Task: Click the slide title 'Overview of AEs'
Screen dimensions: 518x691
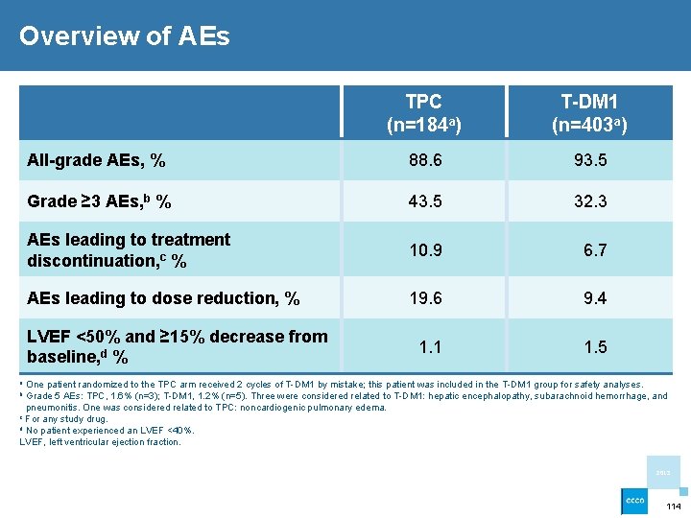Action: pos(125,36)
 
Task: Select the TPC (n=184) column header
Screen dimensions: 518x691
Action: pos(423,113)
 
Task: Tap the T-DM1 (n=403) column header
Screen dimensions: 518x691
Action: pos(589,113)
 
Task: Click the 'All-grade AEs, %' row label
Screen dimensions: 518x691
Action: pos(96,161)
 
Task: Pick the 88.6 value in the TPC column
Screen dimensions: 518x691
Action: pos(424,161)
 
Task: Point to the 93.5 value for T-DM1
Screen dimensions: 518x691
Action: pos(589,161)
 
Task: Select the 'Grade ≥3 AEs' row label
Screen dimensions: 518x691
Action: pos(100,201)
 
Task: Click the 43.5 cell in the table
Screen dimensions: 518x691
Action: pos(424,201)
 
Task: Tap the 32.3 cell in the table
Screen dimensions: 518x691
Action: pos(589,201)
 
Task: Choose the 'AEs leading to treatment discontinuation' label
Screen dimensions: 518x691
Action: pos(129,249)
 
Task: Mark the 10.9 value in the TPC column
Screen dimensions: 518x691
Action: pos(424,250)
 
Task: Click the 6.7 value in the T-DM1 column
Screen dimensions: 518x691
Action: pos(595,250)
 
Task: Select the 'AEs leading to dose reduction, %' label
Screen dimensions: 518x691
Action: pos(163,298)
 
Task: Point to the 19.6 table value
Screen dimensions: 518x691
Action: pos(424,298)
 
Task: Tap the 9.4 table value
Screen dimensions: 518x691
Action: pos(595,298)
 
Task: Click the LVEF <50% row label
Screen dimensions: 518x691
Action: pos(177,346)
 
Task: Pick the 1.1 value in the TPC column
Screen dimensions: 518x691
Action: pos(430,347)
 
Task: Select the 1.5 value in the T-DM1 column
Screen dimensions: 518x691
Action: pos(595,347)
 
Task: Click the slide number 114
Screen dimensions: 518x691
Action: pos(673,506)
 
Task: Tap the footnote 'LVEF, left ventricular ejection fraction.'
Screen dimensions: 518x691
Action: pos(100,442)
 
